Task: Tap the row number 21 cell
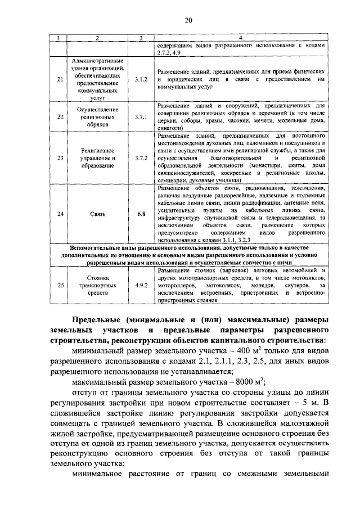61,79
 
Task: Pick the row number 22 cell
61,116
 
